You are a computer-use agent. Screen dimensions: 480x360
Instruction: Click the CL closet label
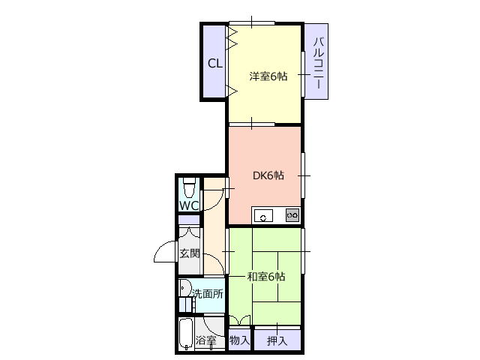point(215,63)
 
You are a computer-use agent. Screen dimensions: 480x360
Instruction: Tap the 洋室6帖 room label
point(268,76)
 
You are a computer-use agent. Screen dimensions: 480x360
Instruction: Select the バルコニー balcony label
point(318,63)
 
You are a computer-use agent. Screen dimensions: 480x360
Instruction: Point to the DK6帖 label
point(268,175)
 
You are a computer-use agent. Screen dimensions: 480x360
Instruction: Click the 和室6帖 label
point(266,277)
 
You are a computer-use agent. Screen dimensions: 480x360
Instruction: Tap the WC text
point(189,205)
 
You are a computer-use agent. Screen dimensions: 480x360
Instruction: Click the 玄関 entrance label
point(190,253)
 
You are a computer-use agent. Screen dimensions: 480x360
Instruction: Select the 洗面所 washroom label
point(208,294)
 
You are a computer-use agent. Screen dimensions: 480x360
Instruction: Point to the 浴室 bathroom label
point(206,340)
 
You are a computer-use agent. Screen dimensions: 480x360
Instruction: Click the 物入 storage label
point(240,340)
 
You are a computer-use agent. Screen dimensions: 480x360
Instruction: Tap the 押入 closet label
point(277,340)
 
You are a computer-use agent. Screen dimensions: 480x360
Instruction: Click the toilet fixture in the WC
point(189,188)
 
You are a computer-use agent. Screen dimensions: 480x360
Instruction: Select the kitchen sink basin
point(263,215)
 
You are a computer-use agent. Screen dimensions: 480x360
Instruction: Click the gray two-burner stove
point(292,215)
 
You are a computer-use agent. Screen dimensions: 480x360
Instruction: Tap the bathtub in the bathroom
point(186,334)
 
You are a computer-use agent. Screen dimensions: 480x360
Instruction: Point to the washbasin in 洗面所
point(184,288)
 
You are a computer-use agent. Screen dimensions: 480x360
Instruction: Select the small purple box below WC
point(189,220)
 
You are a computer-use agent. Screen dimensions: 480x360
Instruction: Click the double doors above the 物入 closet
point(240,320)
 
